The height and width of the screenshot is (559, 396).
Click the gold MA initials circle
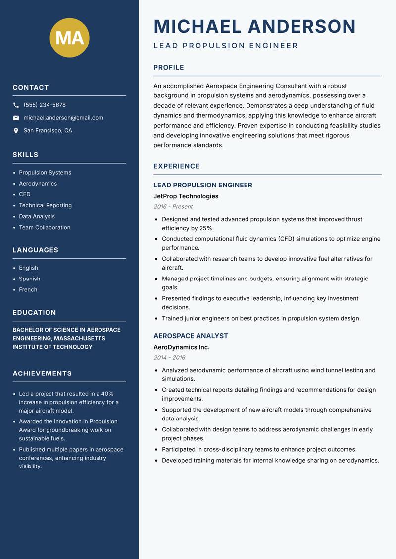(x=70, y=38)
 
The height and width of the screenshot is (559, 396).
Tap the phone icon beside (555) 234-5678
(x=16, y=105)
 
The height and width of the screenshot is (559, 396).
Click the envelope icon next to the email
(x=16, y=118)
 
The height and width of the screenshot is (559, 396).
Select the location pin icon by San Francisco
(x=16, y=131)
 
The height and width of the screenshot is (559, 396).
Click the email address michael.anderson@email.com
(x=63, y=118)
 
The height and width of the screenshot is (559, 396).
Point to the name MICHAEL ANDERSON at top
(x=255, y=26)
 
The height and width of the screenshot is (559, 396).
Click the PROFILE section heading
(x=168, y=67)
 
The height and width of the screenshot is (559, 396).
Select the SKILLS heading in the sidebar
(x=25, y=155)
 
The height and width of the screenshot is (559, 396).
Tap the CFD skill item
(x=25, y=194)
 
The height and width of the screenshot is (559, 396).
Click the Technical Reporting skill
(x=45, y=205)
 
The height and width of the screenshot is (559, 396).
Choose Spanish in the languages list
(x=29, y=279)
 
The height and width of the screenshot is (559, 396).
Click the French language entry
(x=28, y=289)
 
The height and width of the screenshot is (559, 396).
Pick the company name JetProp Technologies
(x=186, y=196)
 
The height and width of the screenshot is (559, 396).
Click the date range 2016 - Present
(x=173, y=207)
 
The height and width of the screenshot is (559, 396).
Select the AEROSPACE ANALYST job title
(x=191, y=336)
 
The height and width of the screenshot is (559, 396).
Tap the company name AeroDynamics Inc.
(x=181, y=347)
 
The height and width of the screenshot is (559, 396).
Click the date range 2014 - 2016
(x=169, y=358)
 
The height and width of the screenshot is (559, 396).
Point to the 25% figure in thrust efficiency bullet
(x=206, y=228)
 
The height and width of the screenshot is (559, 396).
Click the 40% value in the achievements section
(x=107, y=394)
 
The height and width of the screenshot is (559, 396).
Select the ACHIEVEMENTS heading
(x=42, y=373)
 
